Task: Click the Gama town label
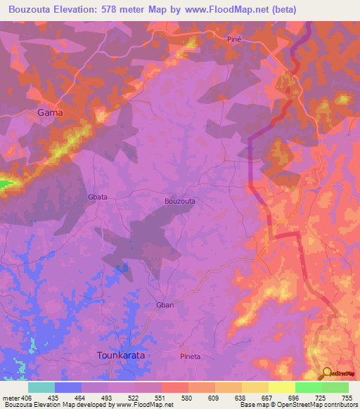pos(50,112)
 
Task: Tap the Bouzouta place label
pos(179,201)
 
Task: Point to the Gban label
pos(165,305)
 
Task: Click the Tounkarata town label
pos(120,356)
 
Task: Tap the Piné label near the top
pos(234,39)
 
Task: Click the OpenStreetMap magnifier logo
pos(326,373)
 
